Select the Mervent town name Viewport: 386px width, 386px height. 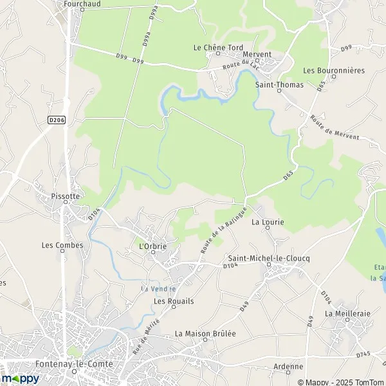[x=257, y=55]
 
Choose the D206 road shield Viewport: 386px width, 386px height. [x=57, y=119]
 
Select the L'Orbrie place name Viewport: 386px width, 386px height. [x=152, y=245]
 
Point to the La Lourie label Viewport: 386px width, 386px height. [x=268, y=223]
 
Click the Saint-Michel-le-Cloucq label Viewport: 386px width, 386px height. [x=270, y=258]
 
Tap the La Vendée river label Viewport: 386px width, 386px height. [x=159, y=288]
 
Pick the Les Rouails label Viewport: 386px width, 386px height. [x=174, y=301]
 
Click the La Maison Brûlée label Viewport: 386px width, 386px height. [x=206, y=333]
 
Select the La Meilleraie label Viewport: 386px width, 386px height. [x=347, y=313]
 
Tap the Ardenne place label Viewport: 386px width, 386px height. [x=288, y=367]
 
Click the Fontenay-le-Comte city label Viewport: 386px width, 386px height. [x=77, y=364]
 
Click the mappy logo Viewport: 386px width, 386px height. [x=21, y=379]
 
